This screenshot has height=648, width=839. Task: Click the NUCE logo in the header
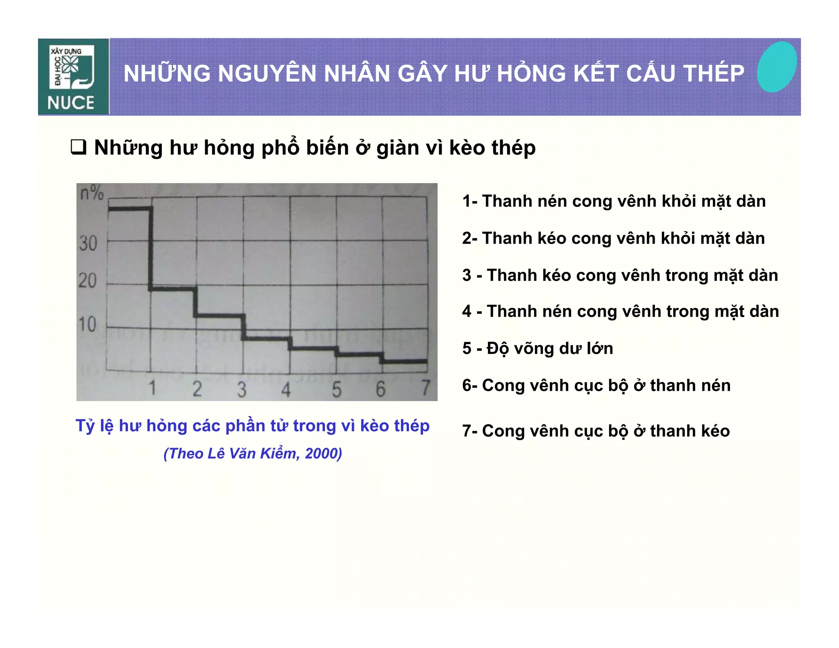click(x=73, y=77)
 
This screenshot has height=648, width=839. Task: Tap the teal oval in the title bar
click(x=776, y=67)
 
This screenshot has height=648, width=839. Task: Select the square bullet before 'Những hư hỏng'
click(x=78, y=147)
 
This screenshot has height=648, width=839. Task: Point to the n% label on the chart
click(x=92, y=193)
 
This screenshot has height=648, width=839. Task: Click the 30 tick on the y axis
click(x=88, y=243)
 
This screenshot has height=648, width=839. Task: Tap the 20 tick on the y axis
click(x=87, y=281)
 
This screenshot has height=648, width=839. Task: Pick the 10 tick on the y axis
click(x=87, y=324)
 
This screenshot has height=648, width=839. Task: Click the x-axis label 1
click(x=152, y=387)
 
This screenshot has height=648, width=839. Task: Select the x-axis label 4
click(x=286, y=389)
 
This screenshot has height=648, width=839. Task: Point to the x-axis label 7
click(x=426, y=387)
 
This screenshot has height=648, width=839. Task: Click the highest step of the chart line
click(x=129, y=209)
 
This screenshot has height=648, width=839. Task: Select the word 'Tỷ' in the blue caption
click(x=85, y=426)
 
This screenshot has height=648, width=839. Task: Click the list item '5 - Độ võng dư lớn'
click(x=537, y=349)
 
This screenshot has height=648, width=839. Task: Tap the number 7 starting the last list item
click(x=467, y=431)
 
